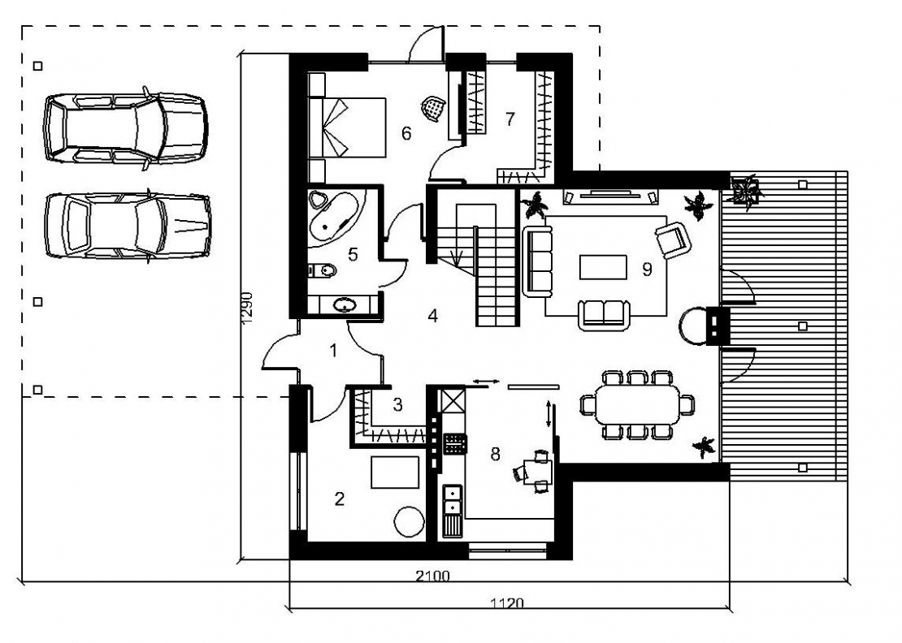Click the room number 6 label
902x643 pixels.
406,133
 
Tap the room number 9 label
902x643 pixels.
647,269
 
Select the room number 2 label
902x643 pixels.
340,498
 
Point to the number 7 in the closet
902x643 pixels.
510,119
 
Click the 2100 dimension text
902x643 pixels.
432,575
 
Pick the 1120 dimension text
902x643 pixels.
507,602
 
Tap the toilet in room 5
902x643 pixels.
322,269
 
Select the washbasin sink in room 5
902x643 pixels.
345,304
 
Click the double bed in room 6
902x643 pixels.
347,127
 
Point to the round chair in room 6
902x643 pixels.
433,107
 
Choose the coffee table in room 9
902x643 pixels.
603,267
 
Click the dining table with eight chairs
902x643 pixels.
637,405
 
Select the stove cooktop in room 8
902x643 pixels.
454,443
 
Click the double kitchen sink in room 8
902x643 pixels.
452,499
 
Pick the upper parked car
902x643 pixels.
125,127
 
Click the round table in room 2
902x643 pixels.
409,521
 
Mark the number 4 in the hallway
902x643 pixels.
432,316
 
